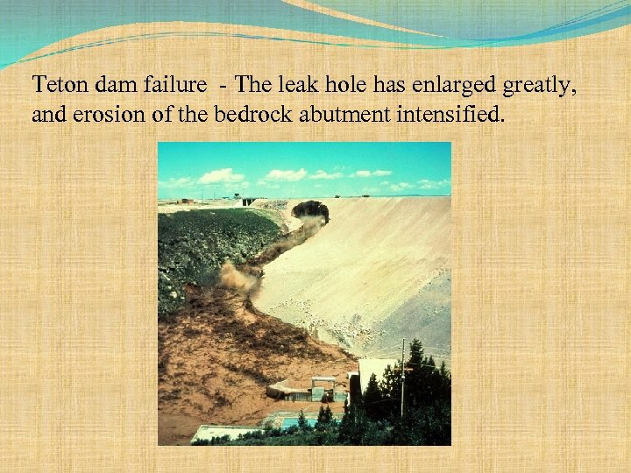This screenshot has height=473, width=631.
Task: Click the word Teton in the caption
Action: tap(57, 85)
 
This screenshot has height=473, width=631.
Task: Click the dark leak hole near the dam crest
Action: tap(309, 210)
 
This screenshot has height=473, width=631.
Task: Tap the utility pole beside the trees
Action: tap(402, 377)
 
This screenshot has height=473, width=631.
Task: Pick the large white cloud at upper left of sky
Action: tap(220, 176)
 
